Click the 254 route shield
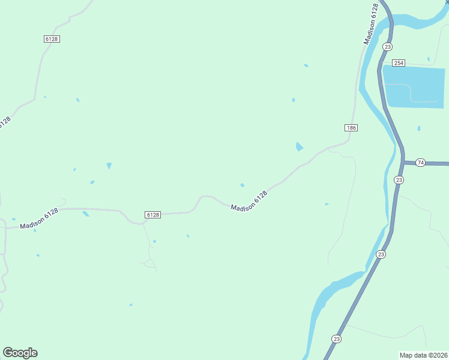click(x=399, y=63)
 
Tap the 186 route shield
click(x=352, y=128)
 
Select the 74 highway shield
click(x=420, y=163)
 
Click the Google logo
click(x=20, y=353)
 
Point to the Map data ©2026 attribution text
click(x=424, y=355)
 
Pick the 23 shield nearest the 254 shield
click(x=388, y=47)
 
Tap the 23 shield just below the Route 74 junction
click(x=399, y=180)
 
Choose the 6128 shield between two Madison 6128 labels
click(x=152, y=215)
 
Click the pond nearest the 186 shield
click(x=300, y=147)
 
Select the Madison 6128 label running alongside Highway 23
click(x=372, y=24)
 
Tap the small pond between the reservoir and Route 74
click(x=418, y=128)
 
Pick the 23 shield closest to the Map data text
click(x=336, y=339)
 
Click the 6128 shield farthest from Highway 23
click(x=52, y=39)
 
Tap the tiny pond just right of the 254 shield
click(x=428, y=59)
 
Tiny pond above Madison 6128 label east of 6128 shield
click(x=242, y=185)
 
